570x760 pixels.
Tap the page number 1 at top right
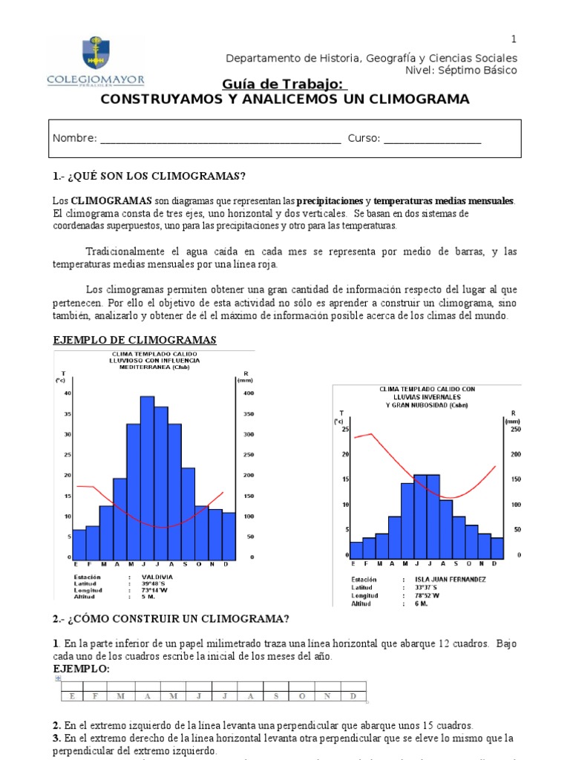(x=513, y=39)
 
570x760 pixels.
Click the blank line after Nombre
(x=220, y=139)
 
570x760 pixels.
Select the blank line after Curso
(x=433, y=139)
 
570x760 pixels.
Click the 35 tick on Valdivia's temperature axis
(x=68, y=414)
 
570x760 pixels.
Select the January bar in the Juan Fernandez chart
(x=356, y=550)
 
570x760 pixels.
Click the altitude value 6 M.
(x=410, y=603)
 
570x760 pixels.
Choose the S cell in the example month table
(x=276, y=695)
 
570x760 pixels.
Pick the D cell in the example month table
(x=353, y=695)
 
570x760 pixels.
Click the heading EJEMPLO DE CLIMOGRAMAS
(x=134, y=340)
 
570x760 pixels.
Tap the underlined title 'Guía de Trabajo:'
(x=284, y=85)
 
